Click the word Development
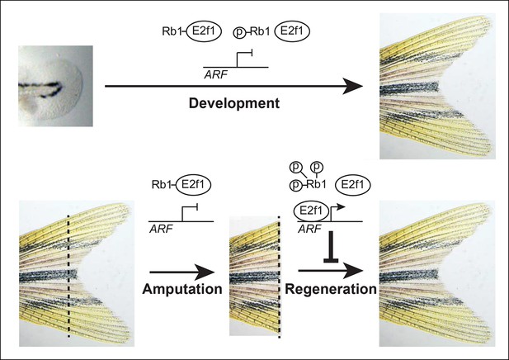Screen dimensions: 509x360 pyautogui.click(x=234, y=104)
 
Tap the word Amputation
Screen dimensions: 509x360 pyautogui.click(x=182, y=289)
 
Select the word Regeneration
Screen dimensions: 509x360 pyautogui.click(x=331, y=289)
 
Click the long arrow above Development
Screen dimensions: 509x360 pyautogui.click(x=233, y=87)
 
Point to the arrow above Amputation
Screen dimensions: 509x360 pyautogui.click(x=182, y=272)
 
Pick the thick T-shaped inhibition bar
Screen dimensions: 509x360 pyautogui.click(x=331, y=247)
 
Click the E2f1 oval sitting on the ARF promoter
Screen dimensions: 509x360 pyautogui.click(x=311, y=211)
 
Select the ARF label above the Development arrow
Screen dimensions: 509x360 pyautogui.click(x=215, y=75)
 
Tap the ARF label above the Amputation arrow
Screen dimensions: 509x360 pyautogui.click(x=161, y=229)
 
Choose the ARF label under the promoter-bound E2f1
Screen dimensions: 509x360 pyautogui.click(x=309, y=229)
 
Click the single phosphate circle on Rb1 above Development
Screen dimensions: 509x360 pyautogui.click(x=239, y=33)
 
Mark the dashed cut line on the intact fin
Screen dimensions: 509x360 pyautogui.click(x=68, y=277)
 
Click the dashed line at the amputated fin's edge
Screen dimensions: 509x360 pyautogui.click(x=279, y=277)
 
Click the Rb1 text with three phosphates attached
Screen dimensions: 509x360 pyautogui.click(x=316, y=185)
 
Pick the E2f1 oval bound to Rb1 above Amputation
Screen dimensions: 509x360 pyautogui.click(x=194, y=185)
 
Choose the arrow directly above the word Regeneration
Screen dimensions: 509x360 pyautogui.click(x=330, y=271)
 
